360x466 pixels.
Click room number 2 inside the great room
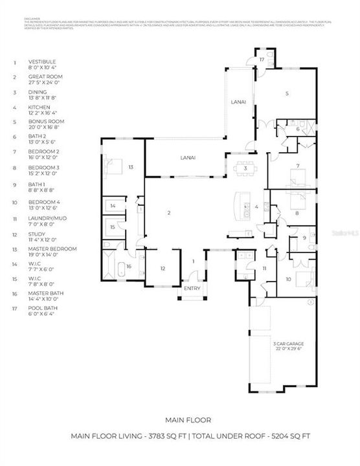click(x=168, y=213)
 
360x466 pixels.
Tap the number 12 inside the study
click(x=163, y=268)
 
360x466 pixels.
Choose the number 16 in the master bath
click(x=129, y=266)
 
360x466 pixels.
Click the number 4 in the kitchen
click(x=257, y=207)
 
